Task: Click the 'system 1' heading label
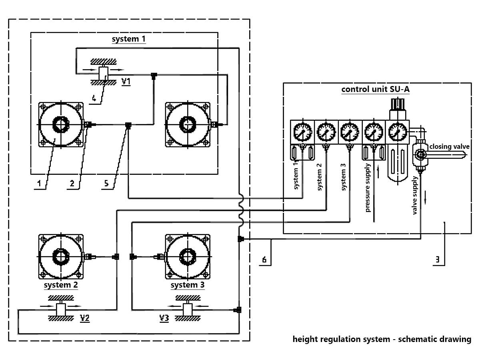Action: click(x=128, y=39)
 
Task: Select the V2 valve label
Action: click(x=84, y=318)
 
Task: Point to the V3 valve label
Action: click(x=164, y=318)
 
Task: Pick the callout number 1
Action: click(x=39, y=183)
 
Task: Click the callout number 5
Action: click(x=106, y=183)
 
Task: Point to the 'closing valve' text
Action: click(x=449, y=146)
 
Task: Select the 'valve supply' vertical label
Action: click(x=416, y=195)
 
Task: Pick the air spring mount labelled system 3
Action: click(x=187, y=256)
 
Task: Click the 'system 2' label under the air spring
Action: click(x=60, y=285)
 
